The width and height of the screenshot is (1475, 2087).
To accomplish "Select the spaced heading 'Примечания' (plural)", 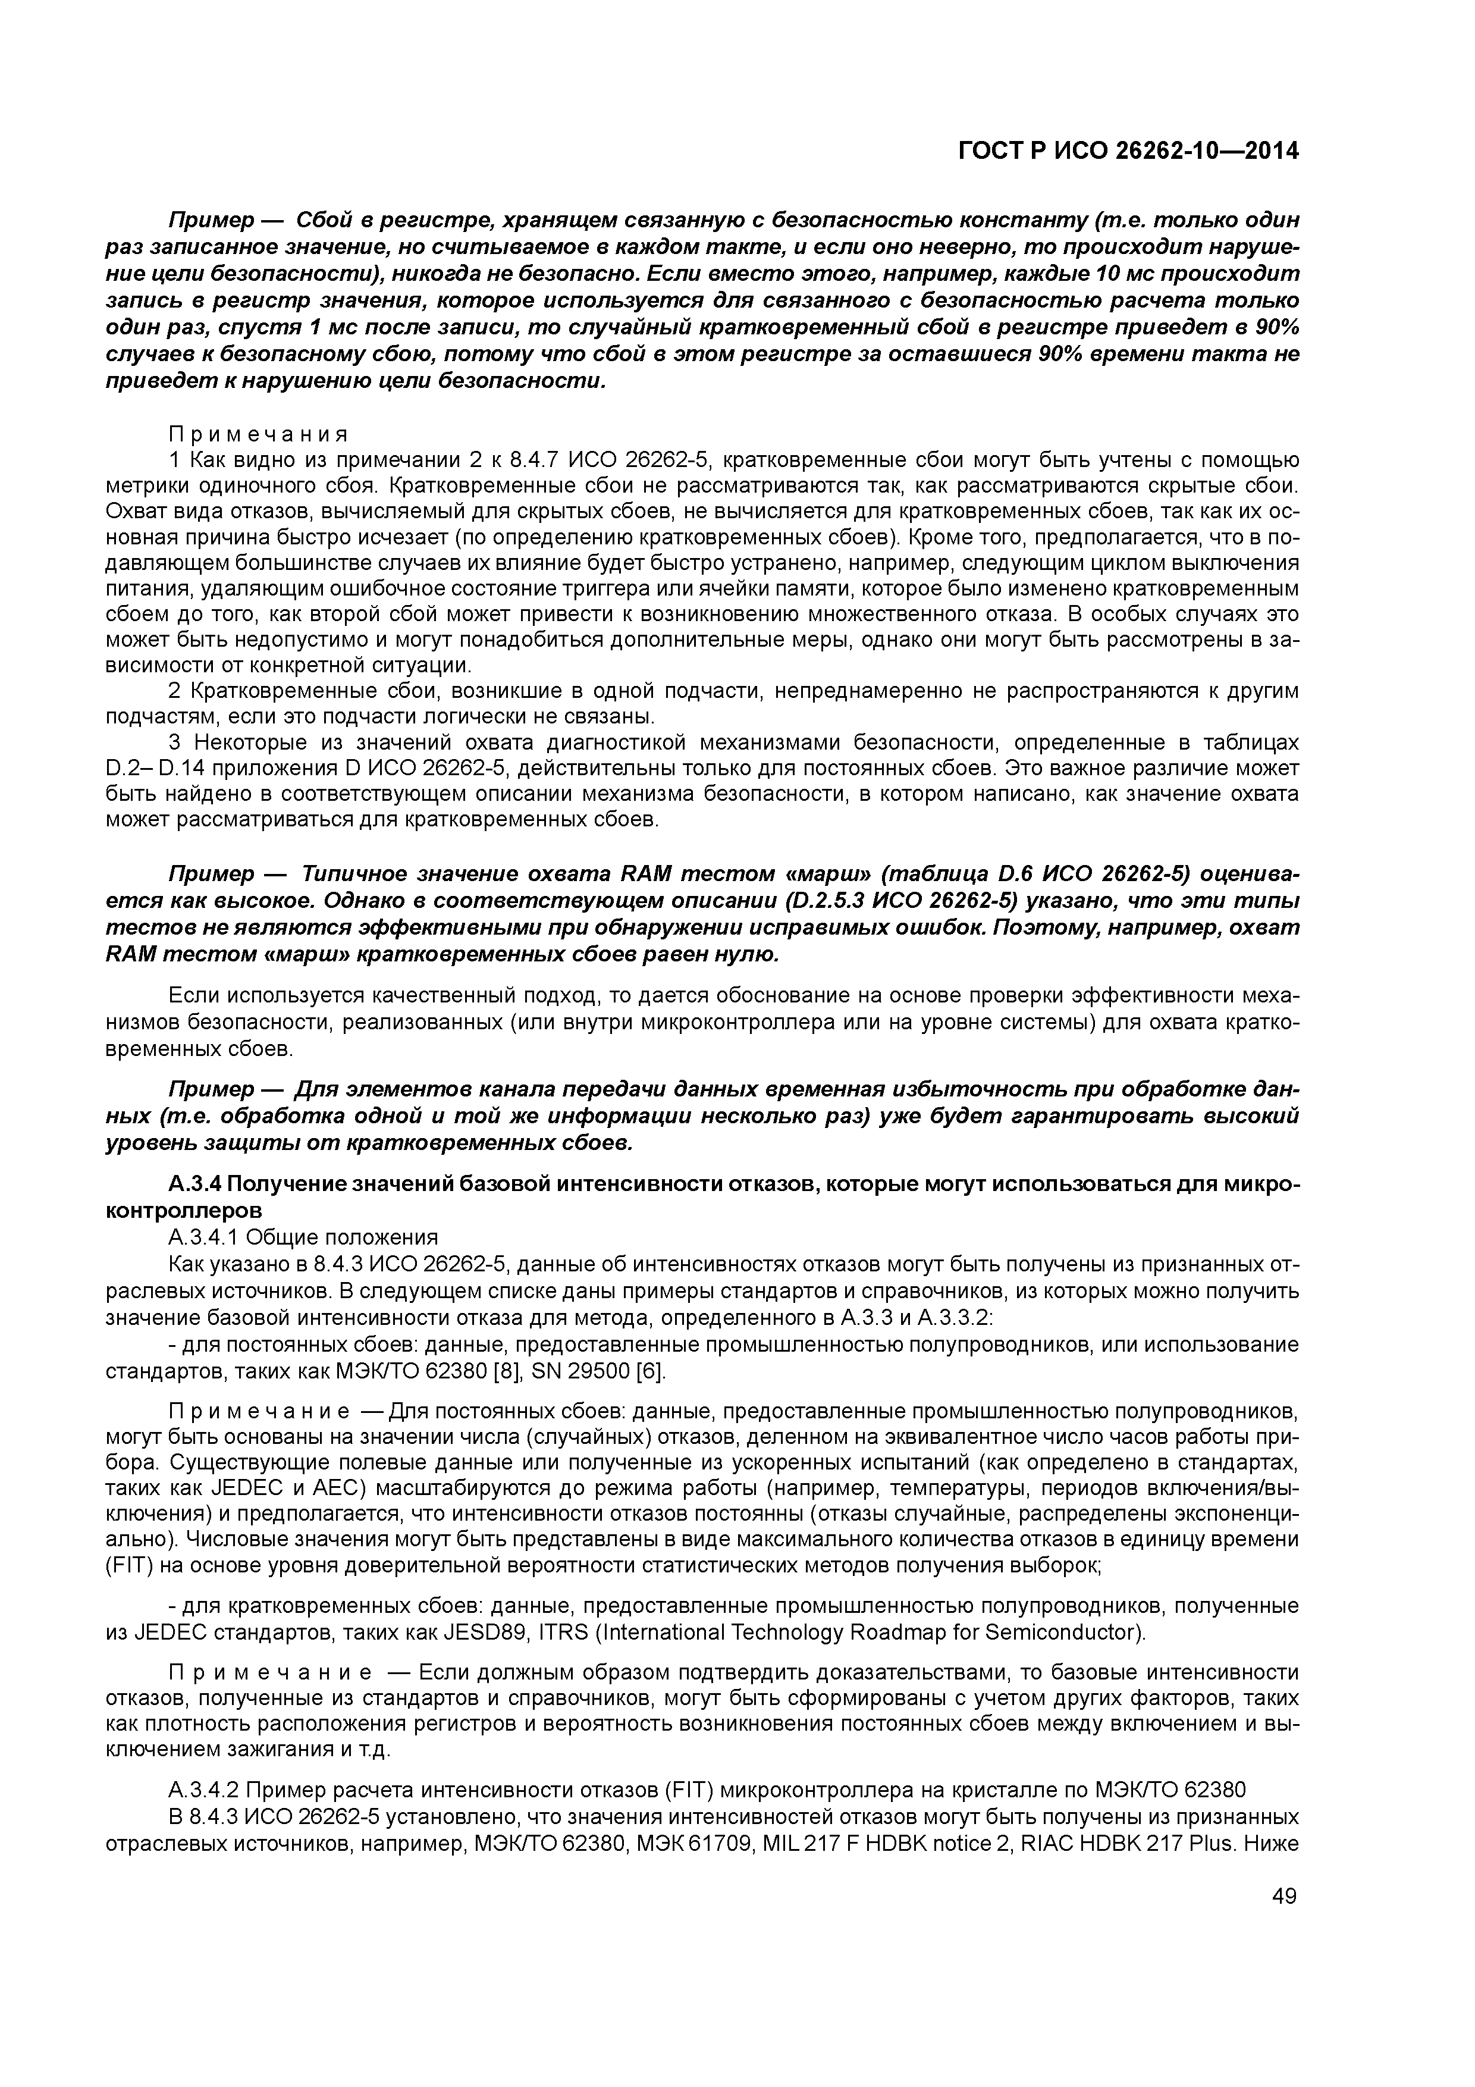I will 258,434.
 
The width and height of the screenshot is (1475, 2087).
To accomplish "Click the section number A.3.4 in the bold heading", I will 193,1184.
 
